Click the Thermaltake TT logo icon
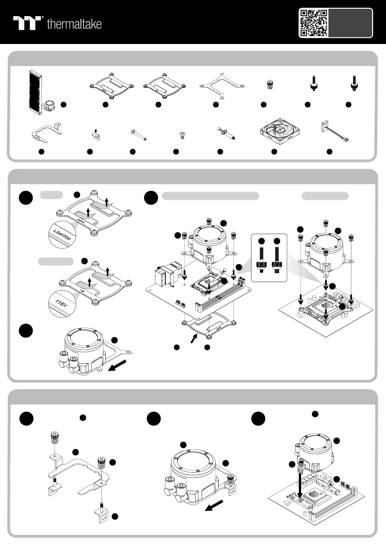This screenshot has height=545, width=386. tap(27, 23)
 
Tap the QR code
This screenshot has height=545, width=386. tap(313, 23)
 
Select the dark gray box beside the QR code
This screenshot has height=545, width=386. tap(350, 23)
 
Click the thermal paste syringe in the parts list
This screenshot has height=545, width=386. tap(226, 133)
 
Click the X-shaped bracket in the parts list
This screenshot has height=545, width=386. tap(222, 85)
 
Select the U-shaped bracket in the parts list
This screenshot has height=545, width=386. tap(46, 133)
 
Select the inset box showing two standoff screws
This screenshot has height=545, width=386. tap(269, 258)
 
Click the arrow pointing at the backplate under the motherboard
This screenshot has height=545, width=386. tap(193, 339)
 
